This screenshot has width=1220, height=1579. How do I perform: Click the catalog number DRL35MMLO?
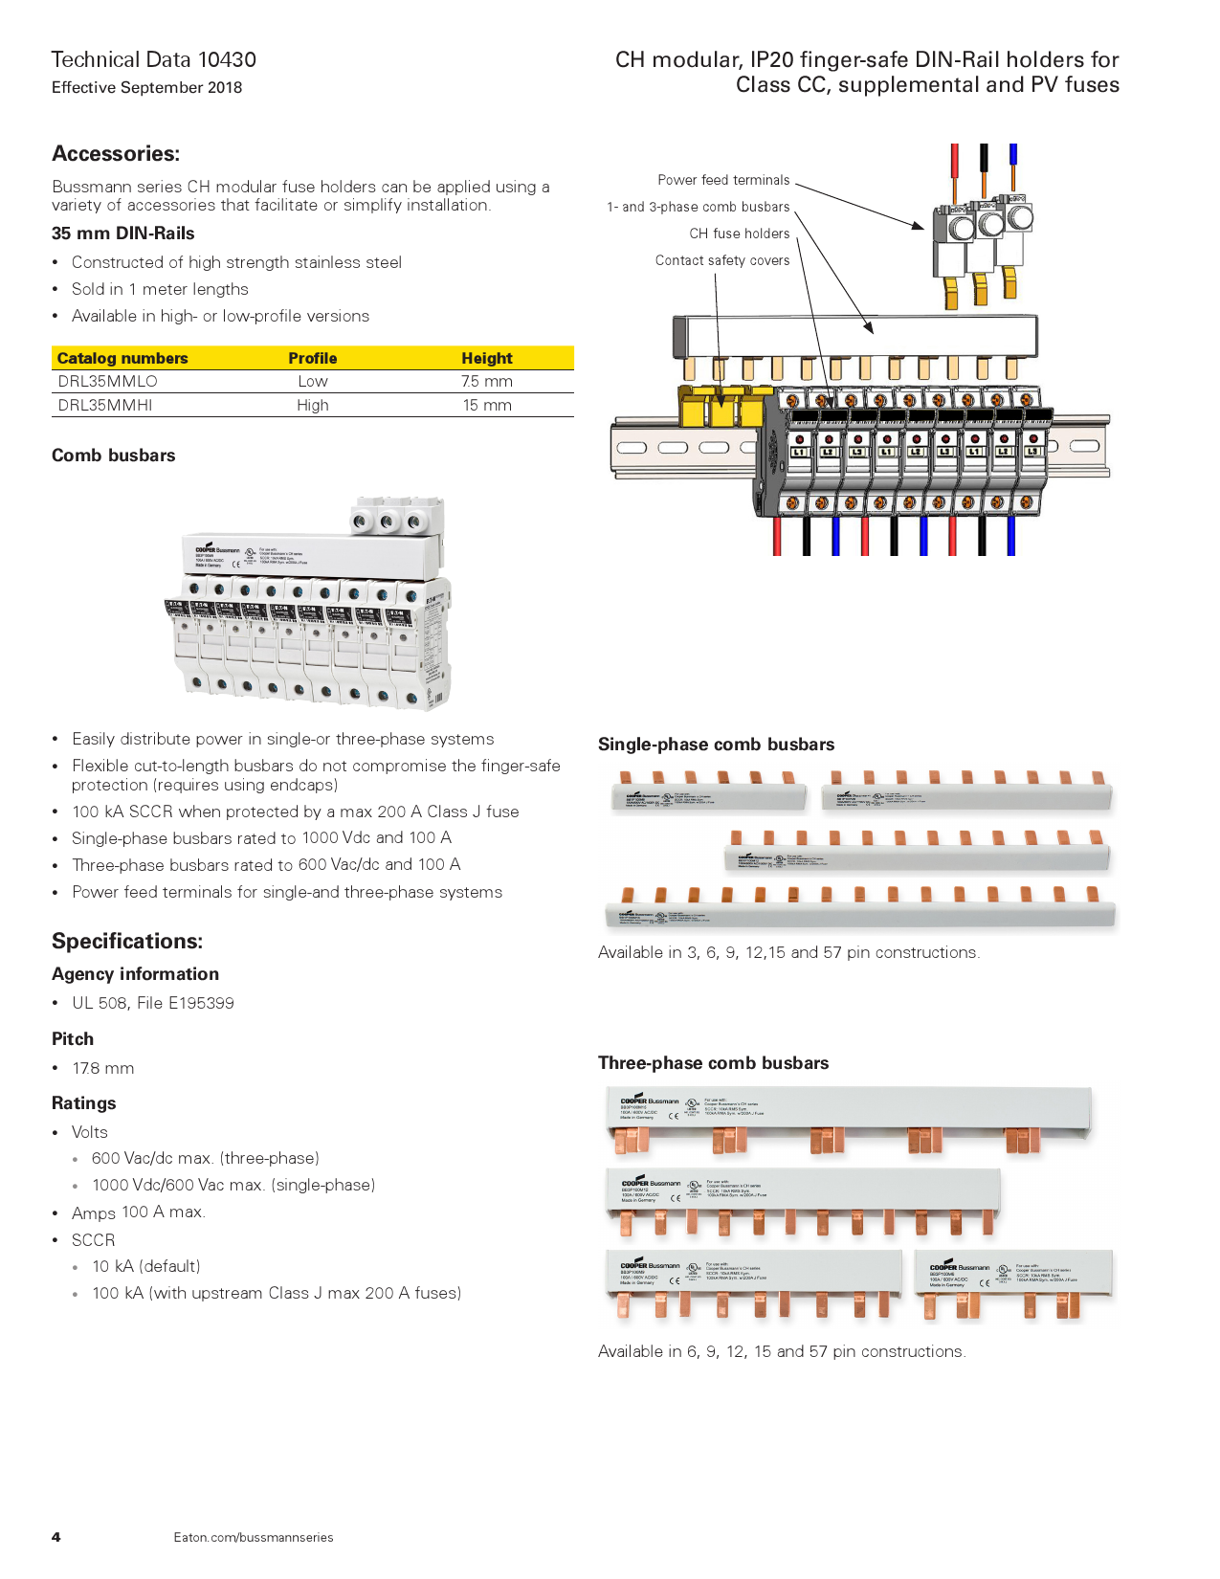107,381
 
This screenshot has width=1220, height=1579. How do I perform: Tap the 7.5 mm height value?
487,381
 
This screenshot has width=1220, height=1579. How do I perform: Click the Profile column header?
313,358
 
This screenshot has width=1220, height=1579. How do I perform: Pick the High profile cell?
313,405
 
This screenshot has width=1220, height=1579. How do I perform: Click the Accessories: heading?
116,154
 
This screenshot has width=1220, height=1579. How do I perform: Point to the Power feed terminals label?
723,180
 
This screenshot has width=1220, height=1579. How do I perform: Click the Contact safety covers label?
722,260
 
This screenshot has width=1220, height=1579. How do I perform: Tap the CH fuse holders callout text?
740,234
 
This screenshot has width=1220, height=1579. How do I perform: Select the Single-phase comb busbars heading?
716,745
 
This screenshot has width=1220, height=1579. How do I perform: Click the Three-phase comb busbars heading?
713,1063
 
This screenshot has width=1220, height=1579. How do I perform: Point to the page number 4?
56,1537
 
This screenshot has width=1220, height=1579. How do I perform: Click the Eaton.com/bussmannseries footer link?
254,1537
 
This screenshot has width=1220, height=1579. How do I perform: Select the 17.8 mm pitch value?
103,1068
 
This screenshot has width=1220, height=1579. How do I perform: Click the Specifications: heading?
127,941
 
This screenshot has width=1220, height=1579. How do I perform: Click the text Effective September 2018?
146,87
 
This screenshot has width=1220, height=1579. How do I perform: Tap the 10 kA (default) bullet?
146,1266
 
